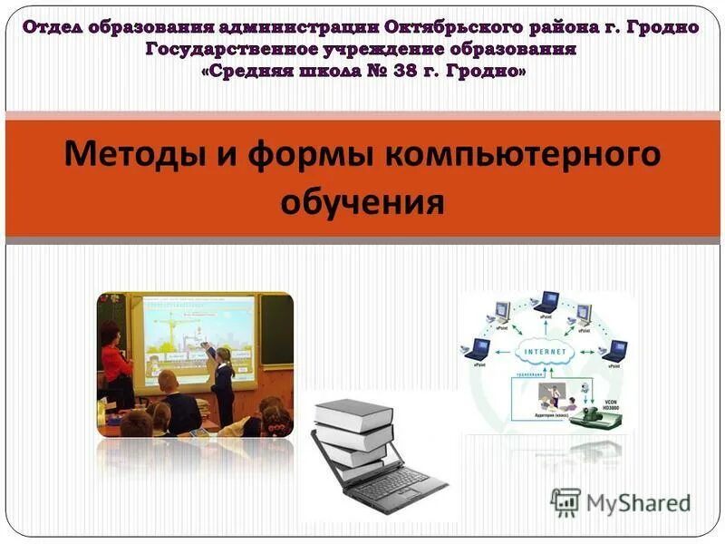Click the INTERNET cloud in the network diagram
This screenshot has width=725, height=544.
coord(544,352)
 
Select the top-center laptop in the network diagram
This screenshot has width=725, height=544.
coord(546,302)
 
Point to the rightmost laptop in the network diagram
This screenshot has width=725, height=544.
coord(615,349)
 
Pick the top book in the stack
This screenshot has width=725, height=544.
coord(353,413)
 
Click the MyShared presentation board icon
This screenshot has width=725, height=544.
coord(566,501)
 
